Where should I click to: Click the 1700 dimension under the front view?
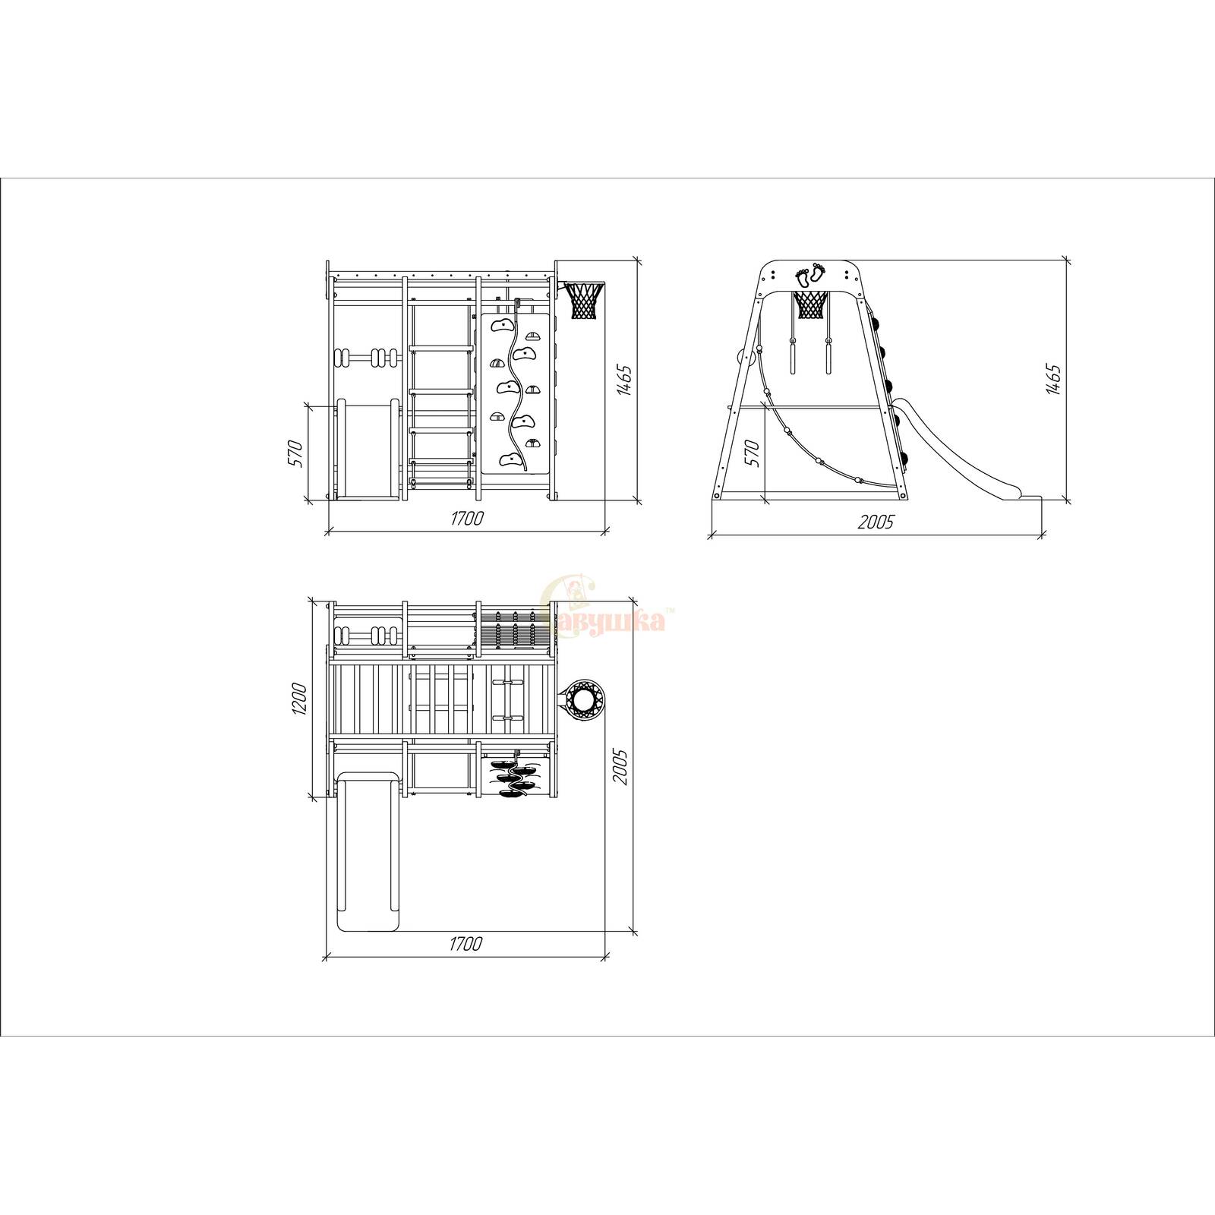[x=466, y=519]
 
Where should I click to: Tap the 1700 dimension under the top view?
[x=466, y=944]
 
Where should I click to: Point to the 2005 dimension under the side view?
[x=876, y=522]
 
